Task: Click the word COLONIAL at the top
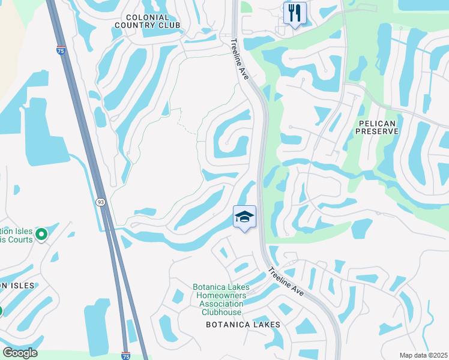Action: (148, 17)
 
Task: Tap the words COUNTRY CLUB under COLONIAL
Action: (148, 26)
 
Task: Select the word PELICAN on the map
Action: (377, 122)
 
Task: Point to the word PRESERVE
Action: (377, 131)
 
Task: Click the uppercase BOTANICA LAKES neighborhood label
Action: (243, 324)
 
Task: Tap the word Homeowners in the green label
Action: (221, 295)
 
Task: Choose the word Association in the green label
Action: (221, 304)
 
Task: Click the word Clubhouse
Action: (221, 312)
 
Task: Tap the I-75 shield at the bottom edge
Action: (125, 356)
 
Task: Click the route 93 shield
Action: (100, 202)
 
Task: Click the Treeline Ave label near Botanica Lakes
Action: (286, 280)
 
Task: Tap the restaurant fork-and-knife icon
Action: (295, 13)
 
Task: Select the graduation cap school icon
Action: (244, 216)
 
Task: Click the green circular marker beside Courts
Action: (41, 233)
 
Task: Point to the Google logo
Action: (19, 353)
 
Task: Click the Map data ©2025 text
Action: (423, 355)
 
